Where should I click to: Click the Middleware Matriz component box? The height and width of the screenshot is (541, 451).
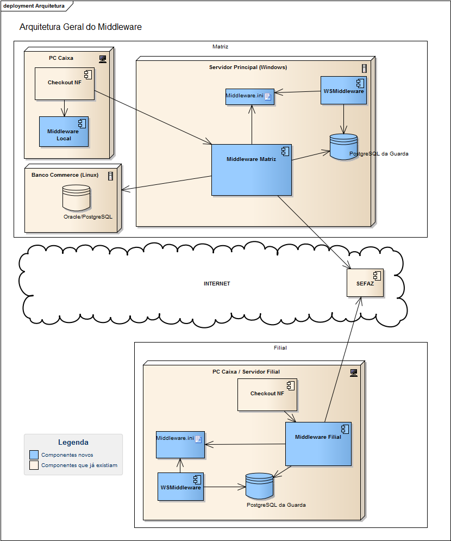tap(251, 170)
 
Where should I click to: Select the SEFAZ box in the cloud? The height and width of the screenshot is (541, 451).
tap(365, 283)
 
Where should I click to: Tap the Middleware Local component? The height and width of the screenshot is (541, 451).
tap(63, 132)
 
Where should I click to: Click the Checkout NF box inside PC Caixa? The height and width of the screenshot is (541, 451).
tap(64, 83)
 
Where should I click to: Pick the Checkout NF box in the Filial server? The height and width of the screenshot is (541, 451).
tap(267, 394)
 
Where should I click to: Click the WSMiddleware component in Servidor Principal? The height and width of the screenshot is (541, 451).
tap(343, 90)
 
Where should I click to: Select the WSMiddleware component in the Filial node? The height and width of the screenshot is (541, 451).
tap(180, 487)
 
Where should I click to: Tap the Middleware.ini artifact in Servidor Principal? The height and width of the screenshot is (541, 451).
tap(249, 96)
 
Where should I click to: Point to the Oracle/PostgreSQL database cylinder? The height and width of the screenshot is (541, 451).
tap(76, 198)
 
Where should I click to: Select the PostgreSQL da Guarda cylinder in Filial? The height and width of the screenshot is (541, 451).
tap(259, 486)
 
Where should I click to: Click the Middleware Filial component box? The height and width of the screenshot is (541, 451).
tap(318, 443)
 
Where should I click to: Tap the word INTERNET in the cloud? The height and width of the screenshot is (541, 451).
tap(217, 284)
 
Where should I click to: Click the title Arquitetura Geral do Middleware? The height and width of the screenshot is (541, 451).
tap(80, 27)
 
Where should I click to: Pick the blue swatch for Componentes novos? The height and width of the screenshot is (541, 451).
tap(34, 455)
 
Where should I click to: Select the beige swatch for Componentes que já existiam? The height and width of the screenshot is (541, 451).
tap(34, 465)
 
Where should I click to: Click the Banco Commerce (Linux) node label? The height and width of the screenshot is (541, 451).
tap(65, 175)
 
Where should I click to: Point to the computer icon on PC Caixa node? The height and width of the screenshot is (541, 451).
tap(102, 58)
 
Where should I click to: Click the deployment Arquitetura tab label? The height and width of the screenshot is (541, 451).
tap(34, 6)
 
